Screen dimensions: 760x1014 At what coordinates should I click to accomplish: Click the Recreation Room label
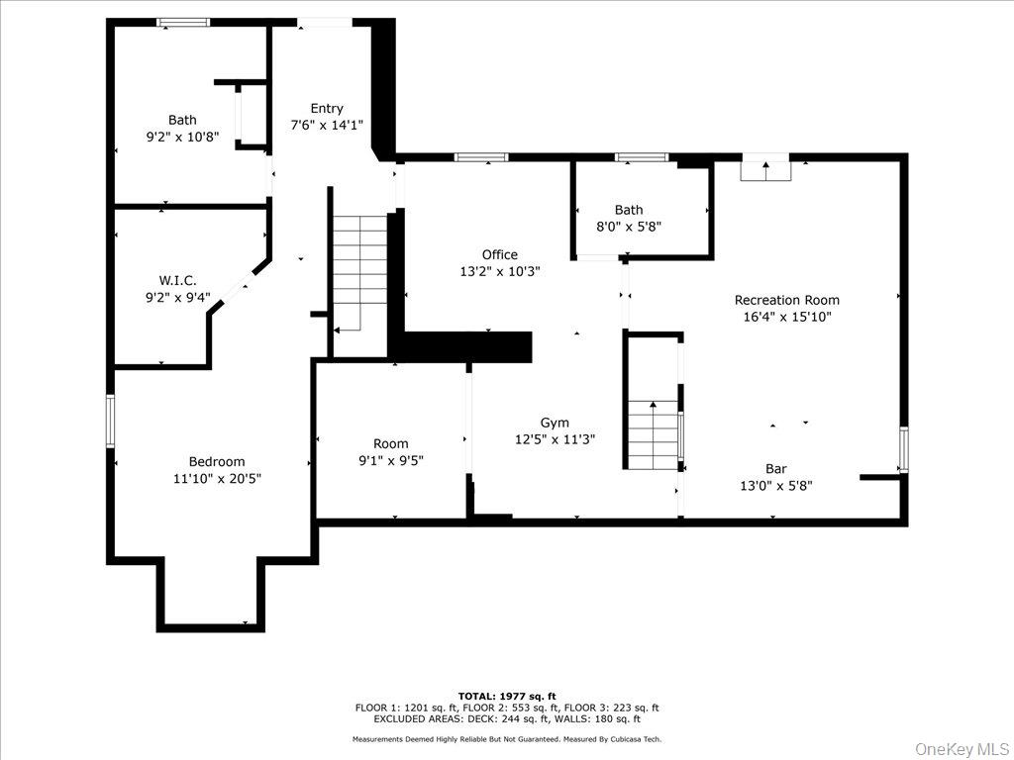click(786, 300)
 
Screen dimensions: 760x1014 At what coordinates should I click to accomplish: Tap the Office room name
click(499, 254)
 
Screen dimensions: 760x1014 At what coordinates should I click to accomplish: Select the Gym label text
click(555, 423)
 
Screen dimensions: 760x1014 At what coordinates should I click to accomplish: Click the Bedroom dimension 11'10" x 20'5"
click(217, 478)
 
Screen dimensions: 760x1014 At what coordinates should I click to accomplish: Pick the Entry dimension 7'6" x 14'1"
click(327, 126)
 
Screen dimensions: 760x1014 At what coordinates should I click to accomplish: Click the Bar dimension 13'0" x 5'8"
click(776, 485)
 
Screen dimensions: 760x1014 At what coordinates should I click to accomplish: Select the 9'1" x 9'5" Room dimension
click(390, 460)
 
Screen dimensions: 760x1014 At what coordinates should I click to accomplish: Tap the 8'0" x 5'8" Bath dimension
click(628, 226)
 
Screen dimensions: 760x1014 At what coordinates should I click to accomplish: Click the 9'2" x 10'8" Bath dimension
click(182, 137)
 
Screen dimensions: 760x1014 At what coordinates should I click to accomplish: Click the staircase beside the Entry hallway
click(359, 271)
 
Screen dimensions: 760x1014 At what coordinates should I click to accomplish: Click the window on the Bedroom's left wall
click(111, 421)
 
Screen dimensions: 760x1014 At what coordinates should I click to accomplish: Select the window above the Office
click(481, 156)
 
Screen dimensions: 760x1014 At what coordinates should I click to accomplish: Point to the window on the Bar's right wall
click(903, 449)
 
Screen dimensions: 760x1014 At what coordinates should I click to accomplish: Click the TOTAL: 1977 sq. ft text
click(506, 696)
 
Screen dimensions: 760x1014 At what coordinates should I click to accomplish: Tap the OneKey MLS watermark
click(960, 748)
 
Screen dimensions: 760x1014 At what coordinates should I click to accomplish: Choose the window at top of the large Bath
click(183, 22)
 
